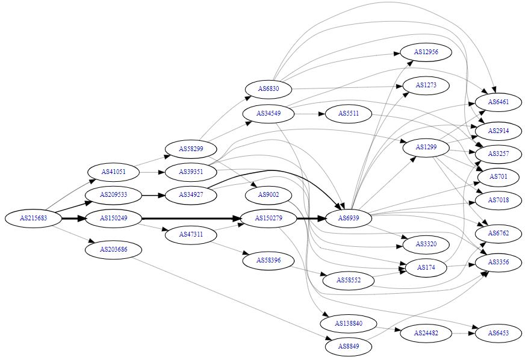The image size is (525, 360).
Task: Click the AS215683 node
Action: pos(33,218)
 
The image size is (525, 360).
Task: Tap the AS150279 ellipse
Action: pos(269,218)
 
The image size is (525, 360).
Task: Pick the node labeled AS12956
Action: pos(426,52)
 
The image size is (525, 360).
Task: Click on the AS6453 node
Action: pos(498,333)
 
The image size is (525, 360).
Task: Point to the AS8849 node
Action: pos(348,346)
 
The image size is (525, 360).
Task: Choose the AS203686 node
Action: pos(113,249)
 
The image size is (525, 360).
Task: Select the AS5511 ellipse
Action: pos(348,113)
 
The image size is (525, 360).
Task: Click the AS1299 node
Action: pos(426,147)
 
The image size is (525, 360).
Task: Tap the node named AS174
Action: pos(426,266)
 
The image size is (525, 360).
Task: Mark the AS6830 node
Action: pos(269,89)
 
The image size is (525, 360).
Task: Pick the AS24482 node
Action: pos(426,333)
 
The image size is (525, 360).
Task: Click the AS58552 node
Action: pos(348,281)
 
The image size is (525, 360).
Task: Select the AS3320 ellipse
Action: pos(426,244)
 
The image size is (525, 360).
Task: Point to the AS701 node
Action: pos(498,176)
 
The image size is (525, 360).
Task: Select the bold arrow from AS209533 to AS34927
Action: pos(153,195)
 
